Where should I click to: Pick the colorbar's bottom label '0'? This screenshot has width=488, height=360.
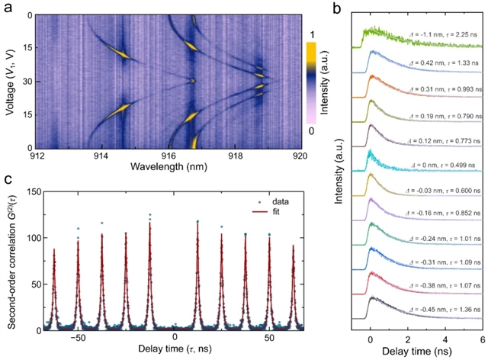coord(321,132)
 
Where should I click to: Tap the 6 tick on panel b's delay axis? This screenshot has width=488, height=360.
coord(480,336)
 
